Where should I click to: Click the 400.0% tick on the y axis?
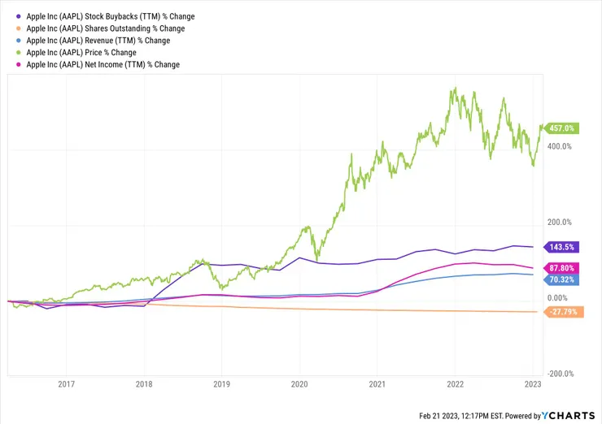[x=561, y=146]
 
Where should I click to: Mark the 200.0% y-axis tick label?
[x=561, y=223]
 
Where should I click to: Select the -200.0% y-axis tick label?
[x=560, y=374]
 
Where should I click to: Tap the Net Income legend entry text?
[x=103, y=64]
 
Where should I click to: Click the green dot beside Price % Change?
[x=17, y=52]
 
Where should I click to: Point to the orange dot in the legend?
[x=17, y=28]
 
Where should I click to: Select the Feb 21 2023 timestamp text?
[x=463, y=416]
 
